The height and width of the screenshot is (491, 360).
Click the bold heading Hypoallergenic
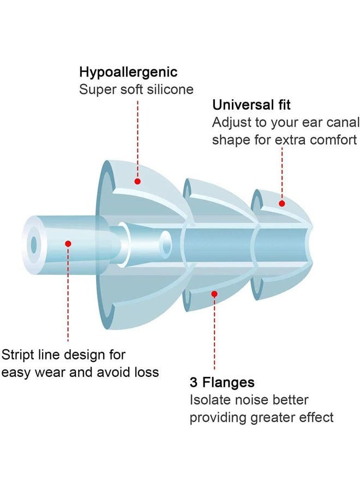(128, 73)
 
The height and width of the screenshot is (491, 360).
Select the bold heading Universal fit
(251, 105)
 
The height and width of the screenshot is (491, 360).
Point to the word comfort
(333, 140)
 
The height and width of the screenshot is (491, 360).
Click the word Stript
(17, 355)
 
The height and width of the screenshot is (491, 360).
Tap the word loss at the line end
(147, 372)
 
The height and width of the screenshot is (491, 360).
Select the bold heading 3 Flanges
(222, 382)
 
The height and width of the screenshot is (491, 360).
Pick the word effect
(316, 417)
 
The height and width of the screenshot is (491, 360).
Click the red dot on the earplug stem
(68, 243)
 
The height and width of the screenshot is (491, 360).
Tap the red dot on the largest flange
(137, 181)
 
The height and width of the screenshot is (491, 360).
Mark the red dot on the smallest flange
(282, 203)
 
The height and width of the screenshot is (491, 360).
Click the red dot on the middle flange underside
(214, 294)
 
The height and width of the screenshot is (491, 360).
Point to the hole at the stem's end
(33, 244)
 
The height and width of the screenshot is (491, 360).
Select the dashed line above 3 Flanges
(214, 333)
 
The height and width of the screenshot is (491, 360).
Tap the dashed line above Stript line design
(68, 295)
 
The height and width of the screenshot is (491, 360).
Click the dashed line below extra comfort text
(282, 174)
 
